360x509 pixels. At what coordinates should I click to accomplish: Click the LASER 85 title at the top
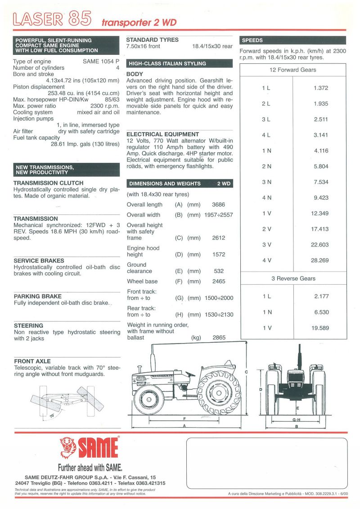tap(53, 19)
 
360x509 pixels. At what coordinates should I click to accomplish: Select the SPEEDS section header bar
tap(293, 40)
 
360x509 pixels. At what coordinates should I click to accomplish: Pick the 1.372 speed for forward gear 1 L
tap(321, 88)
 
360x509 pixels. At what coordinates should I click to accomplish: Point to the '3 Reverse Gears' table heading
tap(293, 279)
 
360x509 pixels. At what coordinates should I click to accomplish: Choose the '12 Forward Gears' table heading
tap(293, 70)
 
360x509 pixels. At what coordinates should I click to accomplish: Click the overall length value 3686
tap(218, 205)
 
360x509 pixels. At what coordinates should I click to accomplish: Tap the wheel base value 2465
tap(218, 281)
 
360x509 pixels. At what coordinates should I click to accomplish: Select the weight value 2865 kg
tap(218, 337)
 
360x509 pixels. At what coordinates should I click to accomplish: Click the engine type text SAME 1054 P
tap(101, 61)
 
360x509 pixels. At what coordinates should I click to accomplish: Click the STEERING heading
tap(28, 325)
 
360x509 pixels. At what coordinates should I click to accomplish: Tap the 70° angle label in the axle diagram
tap(52, 416)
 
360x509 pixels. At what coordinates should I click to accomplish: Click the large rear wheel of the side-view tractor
tap(219, 393)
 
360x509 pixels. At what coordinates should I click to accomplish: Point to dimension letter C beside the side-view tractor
tap(247, 372)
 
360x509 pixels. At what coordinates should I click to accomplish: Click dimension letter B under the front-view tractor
tap(296, 426)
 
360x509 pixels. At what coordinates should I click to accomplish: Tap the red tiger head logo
tap(68, 447)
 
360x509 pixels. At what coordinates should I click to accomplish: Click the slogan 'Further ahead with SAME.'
tap(90, 467)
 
